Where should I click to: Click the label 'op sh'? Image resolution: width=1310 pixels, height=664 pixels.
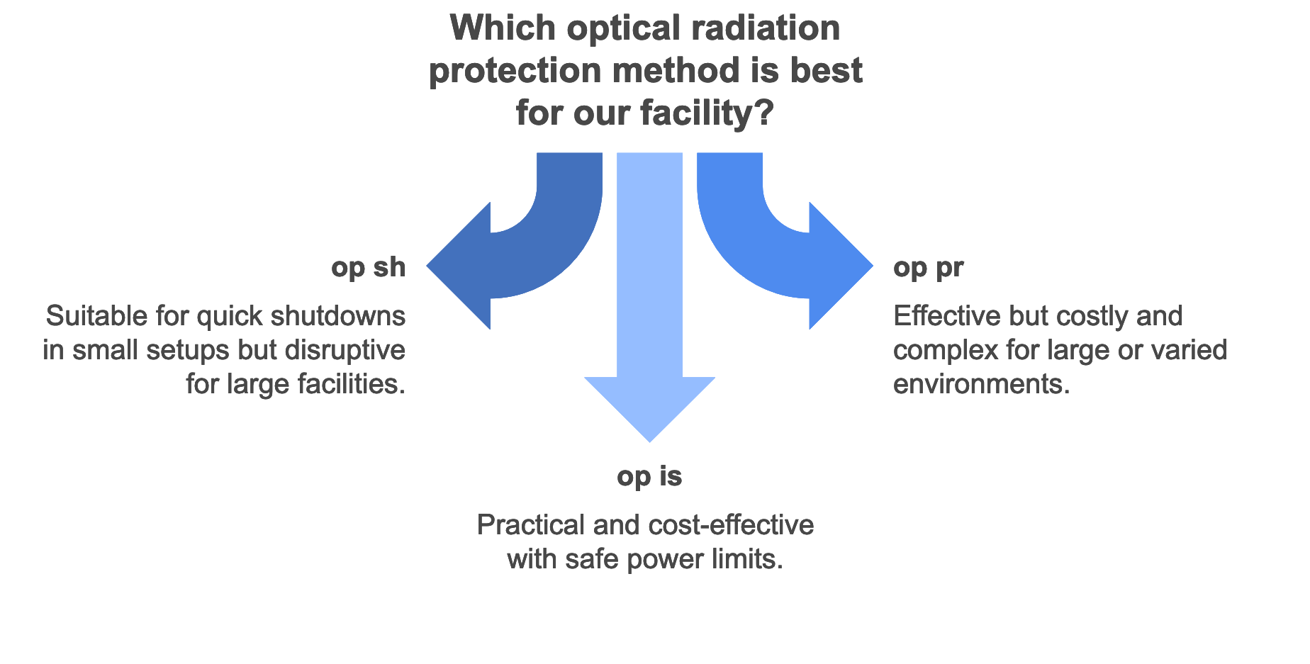point(368,268)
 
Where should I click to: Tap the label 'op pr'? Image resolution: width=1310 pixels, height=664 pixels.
point(928,268)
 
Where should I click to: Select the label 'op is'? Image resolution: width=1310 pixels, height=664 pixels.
point(649,477)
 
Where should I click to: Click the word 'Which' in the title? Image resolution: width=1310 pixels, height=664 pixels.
point(503,28)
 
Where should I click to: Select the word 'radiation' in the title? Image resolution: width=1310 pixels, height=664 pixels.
point(765,28)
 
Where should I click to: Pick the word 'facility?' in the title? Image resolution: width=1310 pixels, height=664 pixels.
point(706,113)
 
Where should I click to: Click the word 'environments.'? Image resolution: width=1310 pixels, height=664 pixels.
point(981,384)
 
